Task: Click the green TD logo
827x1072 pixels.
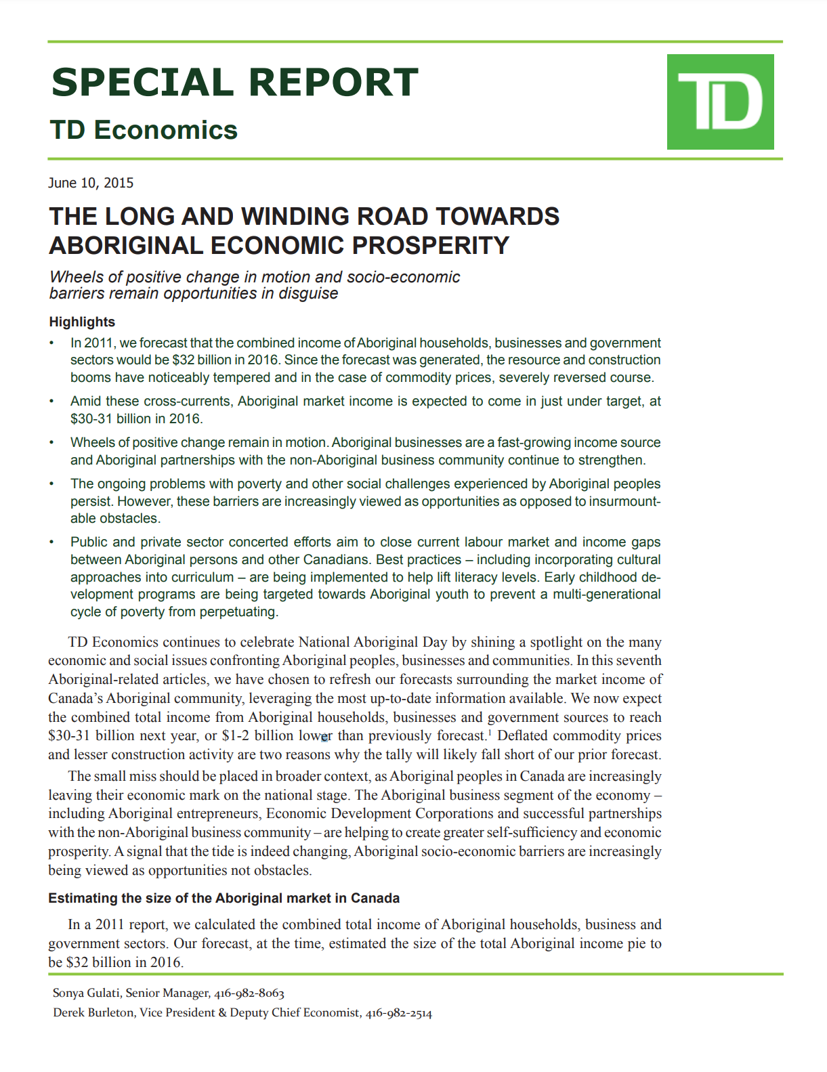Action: [x=720, y=102]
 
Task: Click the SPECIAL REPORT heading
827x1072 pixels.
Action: [x=234, y=83]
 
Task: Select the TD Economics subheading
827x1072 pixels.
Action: [x=144, y=130]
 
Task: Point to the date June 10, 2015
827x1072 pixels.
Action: [x=91, y=183]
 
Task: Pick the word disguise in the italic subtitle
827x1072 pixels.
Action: [x=308, y=294]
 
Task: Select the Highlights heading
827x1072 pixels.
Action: [x=82, y=322]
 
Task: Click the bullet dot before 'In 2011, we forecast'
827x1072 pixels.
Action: [x=52, y=343]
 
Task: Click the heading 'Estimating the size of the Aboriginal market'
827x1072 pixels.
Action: [x=224, y=899]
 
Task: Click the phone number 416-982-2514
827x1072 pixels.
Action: [x=399, y=1014]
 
